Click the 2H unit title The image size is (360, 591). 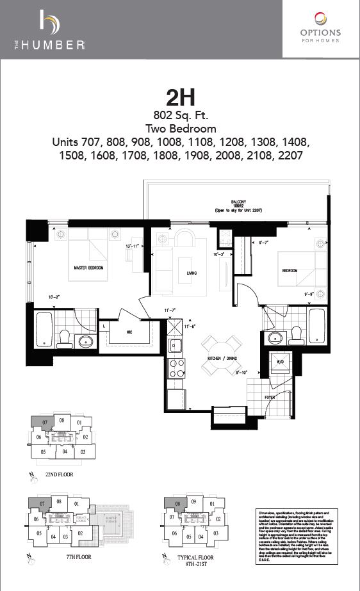tap(179, 98)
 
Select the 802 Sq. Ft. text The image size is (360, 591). tap(179, 116)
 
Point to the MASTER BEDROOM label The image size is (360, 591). tap(89, 268)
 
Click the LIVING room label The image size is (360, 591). tap(192, 274)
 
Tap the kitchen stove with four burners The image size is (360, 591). tap(176, 369)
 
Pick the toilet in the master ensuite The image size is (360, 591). tap(65, 339)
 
